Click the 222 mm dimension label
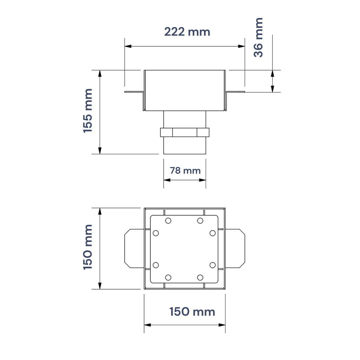(x=187, y=32)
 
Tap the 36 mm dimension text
(x=258, y=37)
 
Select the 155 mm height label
(x=88, y=111)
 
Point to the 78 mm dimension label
(x=185, y=171)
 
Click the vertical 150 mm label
(x=88, y=247)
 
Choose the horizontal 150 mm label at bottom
(x=192, y=312)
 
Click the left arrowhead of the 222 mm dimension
(x=128, y=46)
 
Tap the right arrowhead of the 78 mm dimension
(x=202, y=180)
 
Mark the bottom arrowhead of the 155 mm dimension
(x=100, y=151)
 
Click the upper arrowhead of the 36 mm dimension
(x=273, y=73)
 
